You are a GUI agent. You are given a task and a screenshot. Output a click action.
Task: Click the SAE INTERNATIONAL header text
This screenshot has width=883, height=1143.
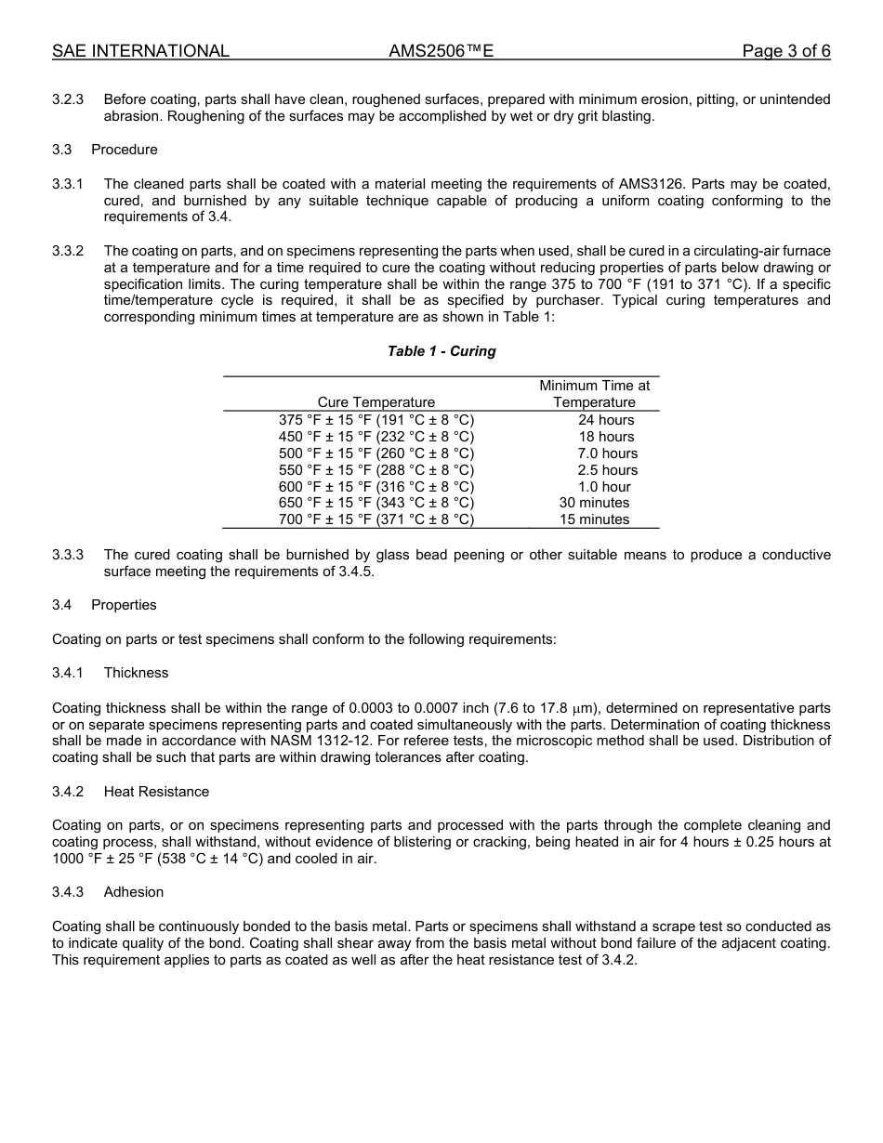140,51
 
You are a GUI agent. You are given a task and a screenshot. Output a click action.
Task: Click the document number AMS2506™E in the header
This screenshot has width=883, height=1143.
441,51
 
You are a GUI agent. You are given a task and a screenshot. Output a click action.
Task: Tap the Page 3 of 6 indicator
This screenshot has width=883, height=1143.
785,51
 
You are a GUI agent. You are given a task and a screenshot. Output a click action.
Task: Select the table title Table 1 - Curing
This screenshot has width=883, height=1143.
441,351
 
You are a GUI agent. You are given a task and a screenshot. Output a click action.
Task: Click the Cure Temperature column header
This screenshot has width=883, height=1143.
376,402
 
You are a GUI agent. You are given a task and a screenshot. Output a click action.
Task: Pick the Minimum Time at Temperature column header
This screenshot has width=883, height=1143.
595,394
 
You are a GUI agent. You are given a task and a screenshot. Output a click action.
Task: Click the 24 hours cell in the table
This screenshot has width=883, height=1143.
606,420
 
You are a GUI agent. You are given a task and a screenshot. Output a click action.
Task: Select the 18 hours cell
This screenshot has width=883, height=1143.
606,437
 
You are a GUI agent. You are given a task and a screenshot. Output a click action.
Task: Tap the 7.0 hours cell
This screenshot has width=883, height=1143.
607,453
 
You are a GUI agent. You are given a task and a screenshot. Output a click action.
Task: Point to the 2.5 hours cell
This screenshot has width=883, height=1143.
607,470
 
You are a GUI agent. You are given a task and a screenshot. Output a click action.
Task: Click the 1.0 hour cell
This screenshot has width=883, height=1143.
604,487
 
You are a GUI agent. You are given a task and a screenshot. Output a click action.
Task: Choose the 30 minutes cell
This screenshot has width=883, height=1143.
595,503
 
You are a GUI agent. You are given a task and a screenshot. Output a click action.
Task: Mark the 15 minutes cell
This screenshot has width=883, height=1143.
595,519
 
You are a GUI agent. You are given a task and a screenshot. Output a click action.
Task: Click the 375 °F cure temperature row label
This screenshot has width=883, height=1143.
376,420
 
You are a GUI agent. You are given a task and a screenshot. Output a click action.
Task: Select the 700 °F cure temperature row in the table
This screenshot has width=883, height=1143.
376,519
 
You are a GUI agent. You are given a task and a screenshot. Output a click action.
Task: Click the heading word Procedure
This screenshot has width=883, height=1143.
124,150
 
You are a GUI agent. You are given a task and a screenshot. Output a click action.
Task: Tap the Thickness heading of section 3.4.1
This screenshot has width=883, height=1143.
136,673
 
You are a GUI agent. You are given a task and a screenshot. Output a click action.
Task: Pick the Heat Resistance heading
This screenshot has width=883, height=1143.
156,792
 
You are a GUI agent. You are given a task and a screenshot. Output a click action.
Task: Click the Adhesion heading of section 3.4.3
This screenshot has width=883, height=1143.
133,892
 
